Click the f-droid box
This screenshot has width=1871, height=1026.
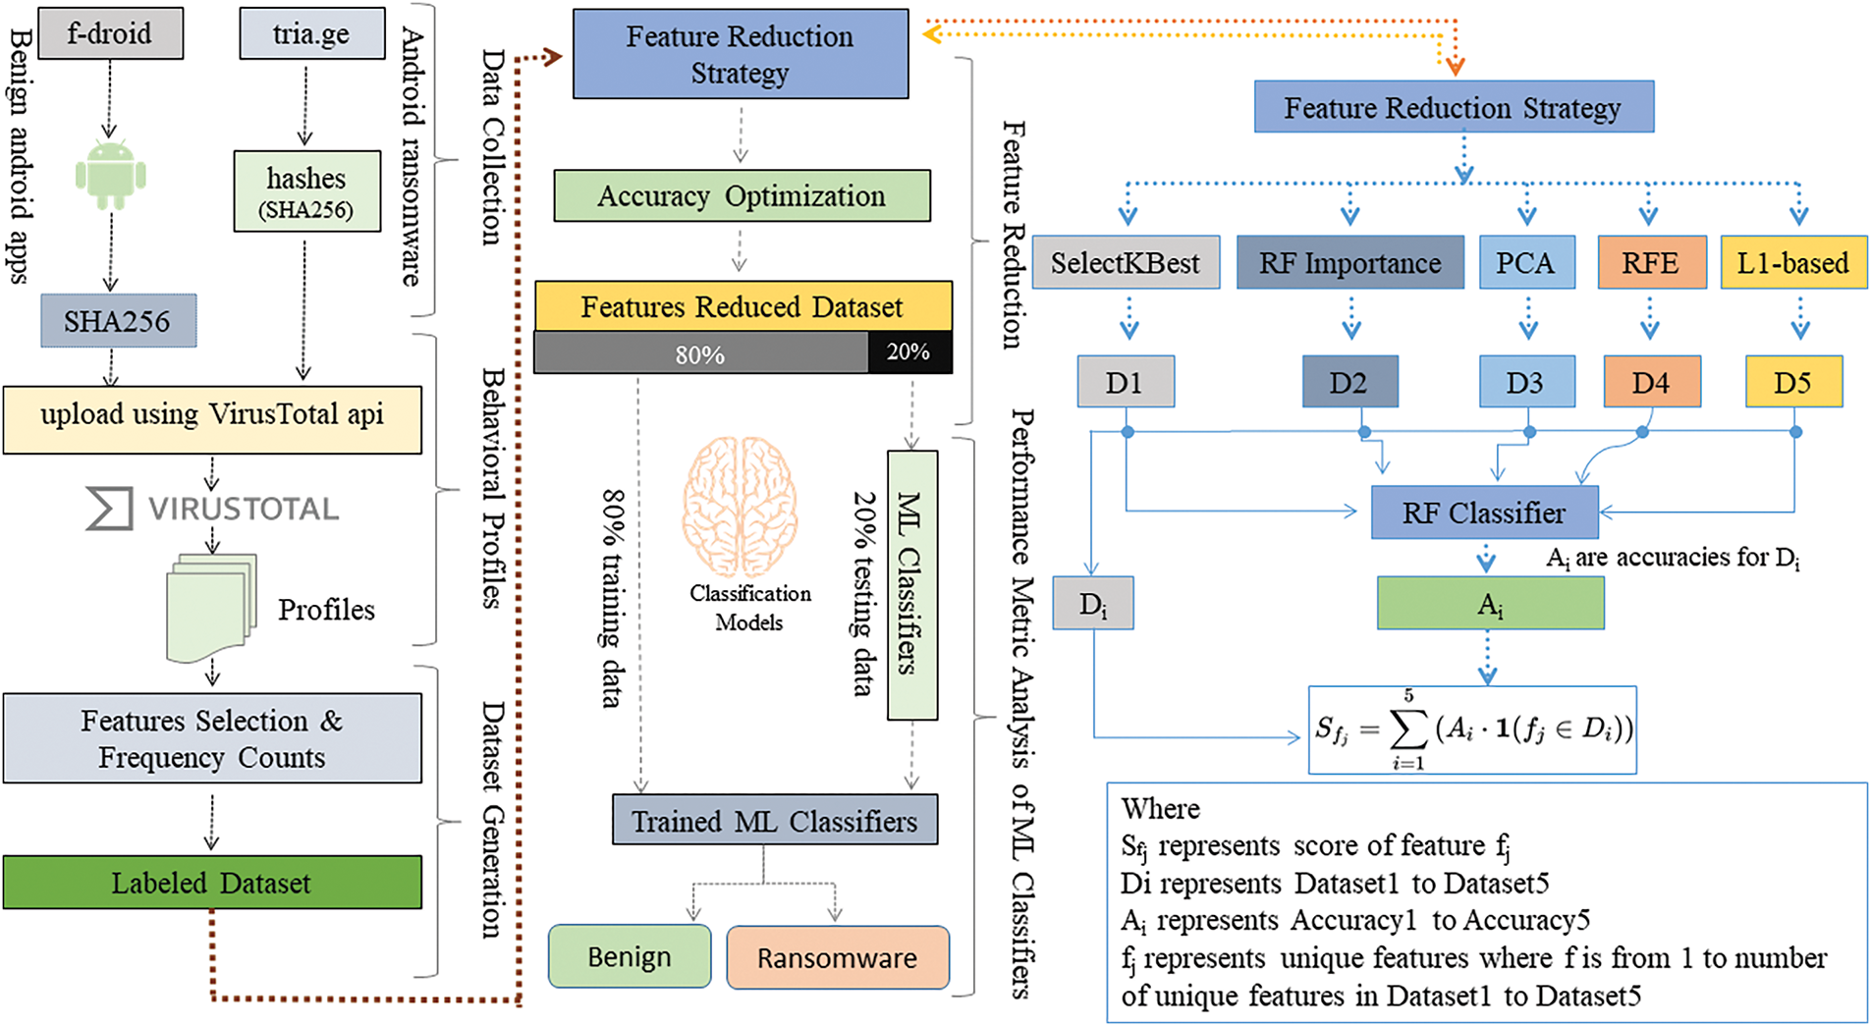click(x=110, y=33)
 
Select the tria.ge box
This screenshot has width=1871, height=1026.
click(x=311, y=34)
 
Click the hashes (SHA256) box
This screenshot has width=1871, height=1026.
click(x=306, y=191)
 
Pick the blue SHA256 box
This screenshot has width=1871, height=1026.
click(x=118, y=321)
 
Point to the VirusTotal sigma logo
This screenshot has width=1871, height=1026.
click(x=108, y=509)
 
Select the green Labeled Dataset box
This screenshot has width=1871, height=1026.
click(x=212, y=883)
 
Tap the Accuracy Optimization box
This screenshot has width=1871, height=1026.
click(x=742, y=196)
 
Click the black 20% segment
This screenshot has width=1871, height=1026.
click(x=908, y=352)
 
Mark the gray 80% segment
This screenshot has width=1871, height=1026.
click(x=700, y=353)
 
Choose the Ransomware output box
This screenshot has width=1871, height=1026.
click(x=838, y=957)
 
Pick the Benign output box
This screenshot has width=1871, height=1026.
click(x=630, y=957)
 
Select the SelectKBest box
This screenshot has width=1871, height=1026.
click(x=1126, y=263)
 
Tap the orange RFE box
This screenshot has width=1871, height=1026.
click(x=1651, y=263)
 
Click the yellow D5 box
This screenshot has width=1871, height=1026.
click(x=1793, y=382)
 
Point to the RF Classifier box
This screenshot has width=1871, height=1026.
click(x=1484, y=513)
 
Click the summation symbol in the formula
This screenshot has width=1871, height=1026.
click(x=1408, y=729)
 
